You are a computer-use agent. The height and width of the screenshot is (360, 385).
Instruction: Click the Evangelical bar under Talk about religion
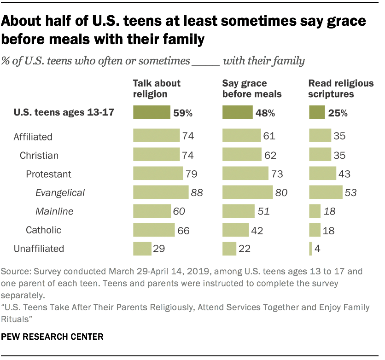tap(161, 192)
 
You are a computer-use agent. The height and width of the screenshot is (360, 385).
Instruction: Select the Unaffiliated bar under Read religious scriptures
tap(310, 249)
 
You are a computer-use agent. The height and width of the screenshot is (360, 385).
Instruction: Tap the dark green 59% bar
tap(152, 112)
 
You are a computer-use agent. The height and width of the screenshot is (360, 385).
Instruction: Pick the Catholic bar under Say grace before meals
tap(236, 230)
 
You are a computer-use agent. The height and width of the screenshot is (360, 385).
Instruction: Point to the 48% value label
tap(266, 112)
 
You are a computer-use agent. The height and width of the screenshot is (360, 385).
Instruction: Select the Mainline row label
tap(54, 211)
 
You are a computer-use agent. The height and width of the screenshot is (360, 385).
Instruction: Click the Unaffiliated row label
tap(39, 249)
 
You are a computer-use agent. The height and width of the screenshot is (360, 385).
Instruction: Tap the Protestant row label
tap(49, 174)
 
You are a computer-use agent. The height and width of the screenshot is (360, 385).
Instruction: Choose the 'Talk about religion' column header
tap(157, 88)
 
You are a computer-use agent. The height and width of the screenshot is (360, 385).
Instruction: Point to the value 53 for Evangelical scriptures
tap(351, 192)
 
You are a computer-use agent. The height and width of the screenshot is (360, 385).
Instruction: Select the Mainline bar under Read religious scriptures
tap(315, 211)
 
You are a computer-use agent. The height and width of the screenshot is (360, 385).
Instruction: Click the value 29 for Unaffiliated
tap(159, 249)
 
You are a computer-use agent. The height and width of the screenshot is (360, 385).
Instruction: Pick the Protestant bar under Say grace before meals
tap(245, 174)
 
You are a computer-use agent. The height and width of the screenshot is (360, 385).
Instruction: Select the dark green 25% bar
tap(317, 112)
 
